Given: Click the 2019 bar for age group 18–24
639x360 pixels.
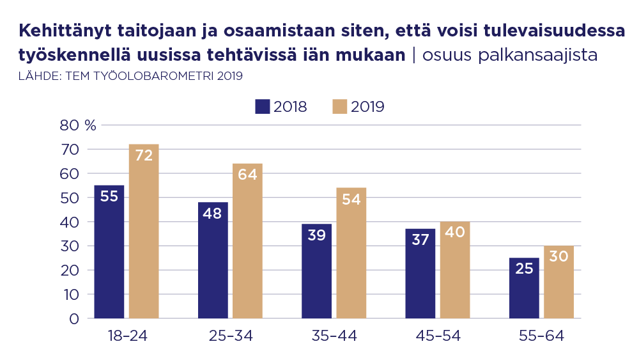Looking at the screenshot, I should point(144,231).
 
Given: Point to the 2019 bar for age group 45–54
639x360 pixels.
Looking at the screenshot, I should point(455,269).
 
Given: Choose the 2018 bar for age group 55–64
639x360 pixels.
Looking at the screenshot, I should point(524,288).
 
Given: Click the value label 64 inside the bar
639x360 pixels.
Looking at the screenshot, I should point(247,175).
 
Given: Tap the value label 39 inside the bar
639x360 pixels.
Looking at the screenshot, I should point(316,235).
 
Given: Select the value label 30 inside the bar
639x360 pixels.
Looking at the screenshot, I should point(558,256).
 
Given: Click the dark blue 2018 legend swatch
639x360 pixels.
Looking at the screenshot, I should point(262,107).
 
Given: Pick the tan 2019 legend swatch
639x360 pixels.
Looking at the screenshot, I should point(339,107).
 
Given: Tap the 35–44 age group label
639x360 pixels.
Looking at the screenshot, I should point(334,336).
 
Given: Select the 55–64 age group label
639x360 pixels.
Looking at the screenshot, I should point(541,336).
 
